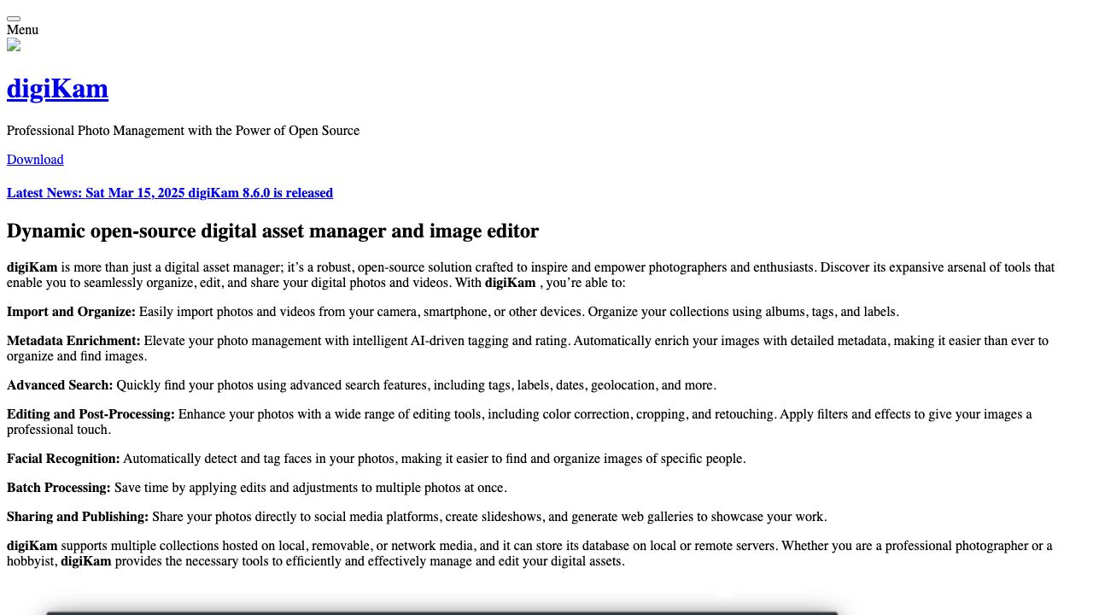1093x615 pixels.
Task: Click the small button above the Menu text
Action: (x=14, y=18)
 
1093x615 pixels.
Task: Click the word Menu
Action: (x=22, y=30)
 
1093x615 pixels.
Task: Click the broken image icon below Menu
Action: (x=14, y=45)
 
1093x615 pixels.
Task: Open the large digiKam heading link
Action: (x=57, y=89)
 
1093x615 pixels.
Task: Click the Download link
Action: (x=35, y=160)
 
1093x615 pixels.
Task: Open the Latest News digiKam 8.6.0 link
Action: (x=170, y=193)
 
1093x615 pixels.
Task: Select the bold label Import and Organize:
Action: (x=71, y=312)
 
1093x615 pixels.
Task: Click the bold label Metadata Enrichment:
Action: (x=73, y=341)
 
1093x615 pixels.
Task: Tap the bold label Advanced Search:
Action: (x=60, y=385)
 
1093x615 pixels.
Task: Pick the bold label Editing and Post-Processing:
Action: (x=91, y=414)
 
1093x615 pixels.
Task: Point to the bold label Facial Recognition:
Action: (x=63, y=459)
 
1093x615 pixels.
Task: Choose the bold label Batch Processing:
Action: (x=59, y=488)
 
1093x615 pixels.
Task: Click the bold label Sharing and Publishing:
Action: (x=78, y=517)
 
